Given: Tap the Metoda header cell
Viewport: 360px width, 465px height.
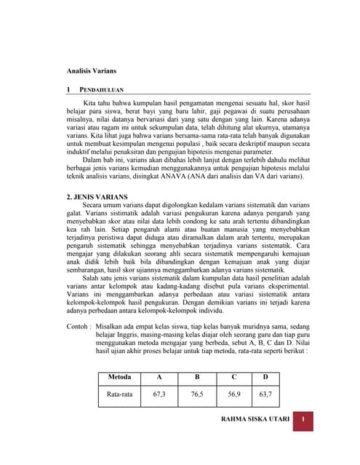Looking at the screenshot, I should point(119,377).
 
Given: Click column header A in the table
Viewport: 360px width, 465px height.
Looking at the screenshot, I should point(159,377).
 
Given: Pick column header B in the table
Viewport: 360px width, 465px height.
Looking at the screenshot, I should point(196,377).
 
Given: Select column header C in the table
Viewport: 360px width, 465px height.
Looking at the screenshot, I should point(233,377).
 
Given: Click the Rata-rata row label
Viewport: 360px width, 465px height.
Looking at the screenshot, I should point(119,395).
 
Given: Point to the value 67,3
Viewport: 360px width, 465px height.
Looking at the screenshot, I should point(159,395).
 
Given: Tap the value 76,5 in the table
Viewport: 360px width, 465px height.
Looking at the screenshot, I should point(196,395).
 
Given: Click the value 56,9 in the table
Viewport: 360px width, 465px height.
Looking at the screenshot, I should point(233,395).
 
